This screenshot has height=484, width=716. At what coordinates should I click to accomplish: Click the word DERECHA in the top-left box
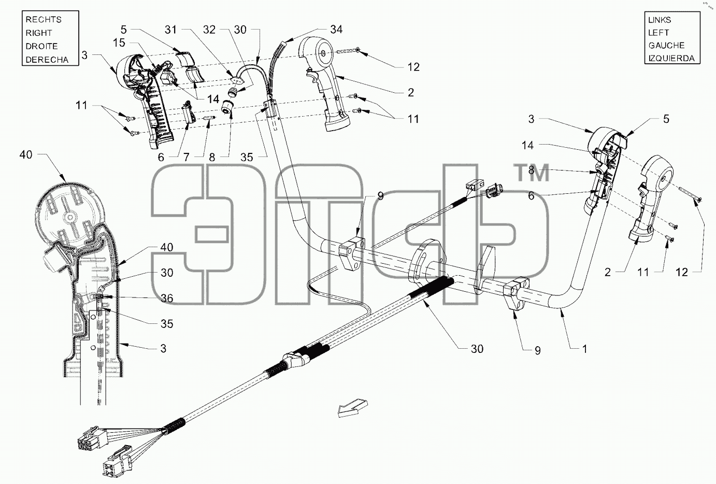pos(47,60)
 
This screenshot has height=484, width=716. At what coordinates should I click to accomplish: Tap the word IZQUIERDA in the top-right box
pos(671,59)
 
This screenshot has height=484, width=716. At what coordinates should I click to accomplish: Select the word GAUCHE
pos(666,46)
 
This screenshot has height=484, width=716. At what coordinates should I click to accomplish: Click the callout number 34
pos(336,30)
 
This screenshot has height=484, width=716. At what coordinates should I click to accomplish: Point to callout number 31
pos(170,30)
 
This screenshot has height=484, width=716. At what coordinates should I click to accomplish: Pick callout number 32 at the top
pos(209,30)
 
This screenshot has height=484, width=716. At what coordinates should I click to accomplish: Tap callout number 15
pos(119,42)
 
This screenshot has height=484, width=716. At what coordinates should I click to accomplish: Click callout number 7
pos(187,157)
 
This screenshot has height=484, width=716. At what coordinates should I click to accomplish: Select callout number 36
pos(167,298)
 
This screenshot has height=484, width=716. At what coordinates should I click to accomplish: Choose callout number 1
pos(584,349)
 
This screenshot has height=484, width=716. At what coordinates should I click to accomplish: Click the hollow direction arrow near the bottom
pos(353,408)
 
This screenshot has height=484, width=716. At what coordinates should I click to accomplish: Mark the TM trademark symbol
pos(533,173)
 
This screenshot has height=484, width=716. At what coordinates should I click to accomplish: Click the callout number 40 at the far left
pos(26,155)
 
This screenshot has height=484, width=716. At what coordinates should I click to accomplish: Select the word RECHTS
pos(44,20)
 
